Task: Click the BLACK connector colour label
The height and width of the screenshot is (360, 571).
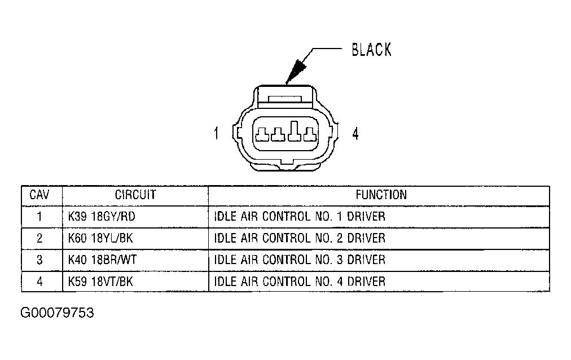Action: tap(371, 50)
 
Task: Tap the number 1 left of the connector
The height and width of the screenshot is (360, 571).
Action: tap(216, 134)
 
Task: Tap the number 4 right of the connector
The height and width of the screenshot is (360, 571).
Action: tap(355, 134)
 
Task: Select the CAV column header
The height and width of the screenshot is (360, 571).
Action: tap(39, 195)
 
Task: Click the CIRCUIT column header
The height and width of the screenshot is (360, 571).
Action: tap(135, 195)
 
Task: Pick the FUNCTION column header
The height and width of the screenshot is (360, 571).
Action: tap(381, 195)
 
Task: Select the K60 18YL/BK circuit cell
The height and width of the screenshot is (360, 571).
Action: tap(100, 238)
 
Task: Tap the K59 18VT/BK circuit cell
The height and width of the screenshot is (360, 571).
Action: tap(100, 281)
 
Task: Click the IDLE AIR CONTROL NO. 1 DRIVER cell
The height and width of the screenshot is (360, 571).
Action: tap(300, 217)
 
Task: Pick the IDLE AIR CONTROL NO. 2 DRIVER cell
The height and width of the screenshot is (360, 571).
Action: tap(300, 238)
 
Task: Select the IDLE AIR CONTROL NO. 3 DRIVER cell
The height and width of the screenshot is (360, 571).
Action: tap(300, 260)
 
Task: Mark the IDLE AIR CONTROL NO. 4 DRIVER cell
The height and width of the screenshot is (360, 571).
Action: tap(300, 281)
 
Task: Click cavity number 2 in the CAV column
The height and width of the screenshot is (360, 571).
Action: tap(39, 238)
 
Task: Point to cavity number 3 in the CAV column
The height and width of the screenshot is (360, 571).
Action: tap(39, 260)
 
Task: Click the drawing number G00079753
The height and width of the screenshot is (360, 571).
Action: tap(57, 313)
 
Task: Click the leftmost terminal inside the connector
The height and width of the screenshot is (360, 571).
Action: tap(262, 135)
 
